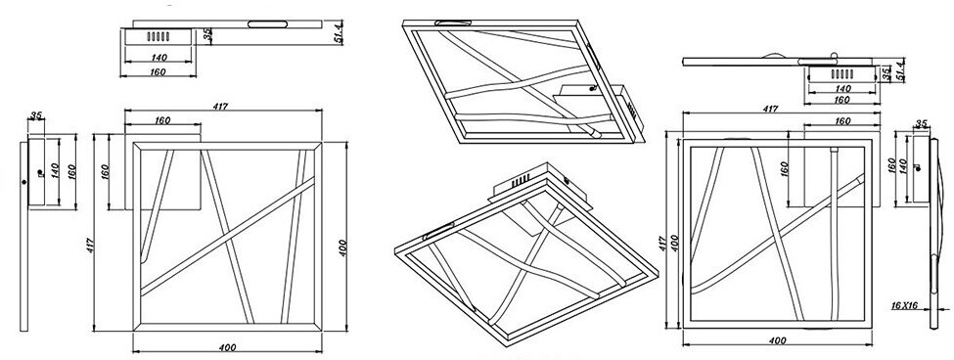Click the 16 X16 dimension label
(903, 306)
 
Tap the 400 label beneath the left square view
(227, 348)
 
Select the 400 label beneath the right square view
(777, 341)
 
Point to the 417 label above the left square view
(220, 107)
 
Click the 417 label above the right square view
(770, 110)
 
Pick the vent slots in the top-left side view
(158, 36)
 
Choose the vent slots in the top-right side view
(842, 74)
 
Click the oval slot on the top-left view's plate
(267, 24)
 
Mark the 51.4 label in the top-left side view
(339, 31)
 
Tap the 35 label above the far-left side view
(36, 114)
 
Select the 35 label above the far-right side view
(921, 124)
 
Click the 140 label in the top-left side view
(158, 58)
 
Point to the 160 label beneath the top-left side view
(158, 72)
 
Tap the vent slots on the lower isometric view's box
(519, 181)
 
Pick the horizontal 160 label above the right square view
(842, 121)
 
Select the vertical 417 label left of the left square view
(90, 245)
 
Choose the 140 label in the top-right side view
(842, 89)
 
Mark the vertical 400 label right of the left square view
(342, 247)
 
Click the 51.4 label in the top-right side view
(900, 69)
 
